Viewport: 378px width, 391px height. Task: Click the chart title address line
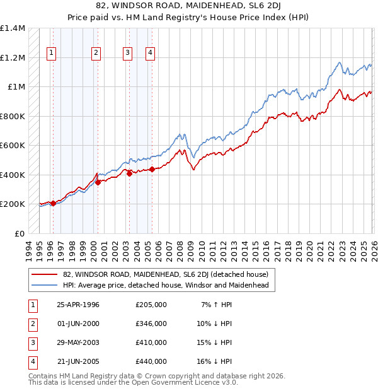(189, 6)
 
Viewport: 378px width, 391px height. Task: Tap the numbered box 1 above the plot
(50, 53)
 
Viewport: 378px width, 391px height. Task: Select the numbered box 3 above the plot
(128, 53)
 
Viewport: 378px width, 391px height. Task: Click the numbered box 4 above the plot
(151, 53)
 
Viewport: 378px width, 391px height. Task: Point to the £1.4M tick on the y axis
(13, 28)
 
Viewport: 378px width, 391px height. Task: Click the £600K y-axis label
(13, 146)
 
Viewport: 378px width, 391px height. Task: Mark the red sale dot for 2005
(152, 169)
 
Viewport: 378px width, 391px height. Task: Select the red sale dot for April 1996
(54, 203)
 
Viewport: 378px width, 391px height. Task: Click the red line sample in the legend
(45, 274)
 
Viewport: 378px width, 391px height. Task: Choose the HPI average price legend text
(166, 285)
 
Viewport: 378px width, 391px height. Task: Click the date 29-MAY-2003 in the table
(78, 342)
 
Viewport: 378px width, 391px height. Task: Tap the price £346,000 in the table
(151, 324)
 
